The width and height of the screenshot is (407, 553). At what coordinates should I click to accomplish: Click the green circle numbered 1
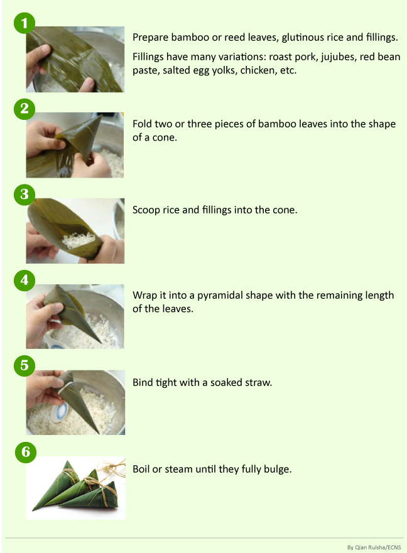pos(24,24)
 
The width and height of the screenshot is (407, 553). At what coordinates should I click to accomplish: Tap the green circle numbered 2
pos(24,109)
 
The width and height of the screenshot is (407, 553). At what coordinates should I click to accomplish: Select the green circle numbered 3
pos(24,194)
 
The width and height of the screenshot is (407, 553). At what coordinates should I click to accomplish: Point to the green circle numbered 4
pos(24,280)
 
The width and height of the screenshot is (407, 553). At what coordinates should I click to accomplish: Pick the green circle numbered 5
pos(24,366)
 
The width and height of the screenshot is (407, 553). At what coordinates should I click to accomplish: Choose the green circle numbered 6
pos(24,451)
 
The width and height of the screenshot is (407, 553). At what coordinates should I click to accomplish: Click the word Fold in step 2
pos(143,124)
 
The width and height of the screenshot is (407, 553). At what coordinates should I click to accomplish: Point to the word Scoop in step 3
pos(146,210)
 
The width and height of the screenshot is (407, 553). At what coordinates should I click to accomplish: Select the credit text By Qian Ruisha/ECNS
pos(374,546)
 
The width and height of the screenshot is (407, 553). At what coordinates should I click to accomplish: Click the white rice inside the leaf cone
pos(82,239)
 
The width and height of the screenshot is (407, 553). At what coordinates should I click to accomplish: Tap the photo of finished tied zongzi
pos(75,488)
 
